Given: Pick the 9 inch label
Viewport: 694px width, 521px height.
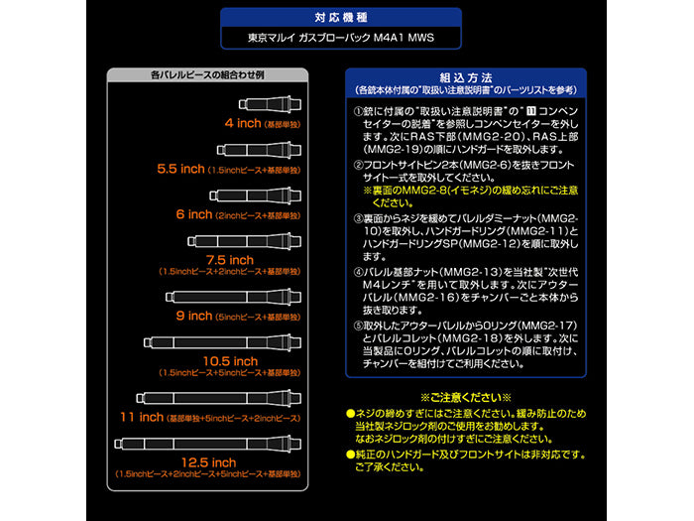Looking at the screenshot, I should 193,316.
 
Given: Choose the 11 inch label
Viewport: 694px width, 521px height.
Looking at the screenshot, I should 140,418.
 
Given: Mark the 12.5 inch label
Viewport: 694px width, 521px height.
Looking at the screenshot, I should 209,461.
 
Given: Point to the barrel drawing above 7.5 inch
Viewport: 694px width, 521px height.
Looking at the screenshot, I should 242,240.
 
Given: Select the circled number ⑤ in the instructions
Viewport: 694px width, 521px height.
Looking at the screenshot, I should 357,323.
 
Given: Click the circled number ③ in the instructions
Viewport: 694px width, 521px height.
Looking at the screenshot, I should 357,215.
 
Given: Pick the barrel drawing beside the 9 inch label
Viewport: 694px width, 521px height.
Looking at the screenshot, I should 231,296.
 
